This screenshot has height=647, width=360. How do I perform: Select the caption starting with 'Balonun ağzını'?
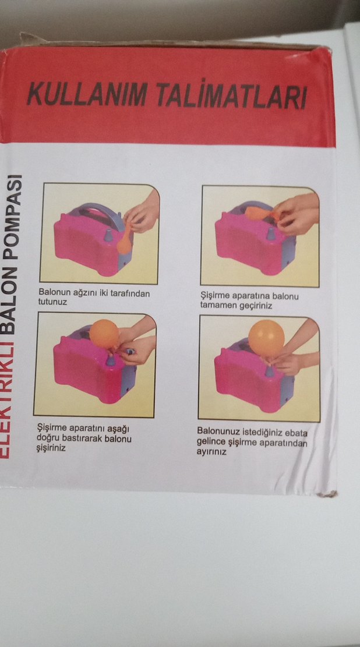tap(94, 298)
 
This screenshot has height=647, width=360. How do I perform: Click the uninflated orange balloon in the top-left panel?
tap(124, 241)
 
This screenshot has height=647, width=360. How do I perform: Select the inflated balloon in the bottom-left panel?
tap(104, 334)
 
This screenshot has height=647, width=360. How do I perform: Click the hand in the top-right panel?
tap(297, 213)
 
